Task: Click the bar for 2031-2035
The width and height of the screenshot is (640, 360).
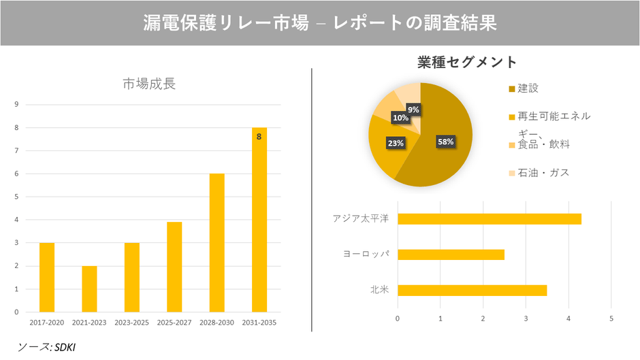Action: point(259,219)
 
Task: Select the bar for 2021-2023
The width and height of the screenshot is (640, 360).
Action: point(89,289)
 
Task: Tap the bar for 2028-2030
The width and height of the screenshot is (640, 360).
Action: point(217,242)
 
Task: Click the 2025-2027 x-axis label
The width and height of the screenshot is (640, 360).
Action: point(174,322)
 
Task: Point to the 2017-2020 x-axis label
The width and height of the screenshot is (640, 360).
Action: point(47,322)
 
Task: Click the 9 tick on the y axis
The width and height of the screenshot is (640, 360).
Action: point(16,105)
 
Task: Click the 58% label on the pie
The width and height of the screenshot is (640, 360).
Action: point(446,142)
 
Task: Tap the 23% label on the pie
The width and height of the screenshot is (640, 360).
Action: point(396,143)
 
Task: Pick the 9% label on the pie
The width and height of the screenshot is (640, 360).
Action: point(413,109)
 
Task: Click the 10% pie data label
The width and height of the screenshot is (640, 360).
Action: point(400,118)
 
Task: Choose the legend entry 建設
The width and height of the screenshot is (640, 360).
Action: point(528,88)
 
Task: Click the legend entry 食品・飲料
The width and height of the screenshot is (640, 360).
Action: point(543,144)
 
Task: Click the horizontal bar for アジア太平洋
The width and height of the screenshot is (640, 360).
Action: point(489,218)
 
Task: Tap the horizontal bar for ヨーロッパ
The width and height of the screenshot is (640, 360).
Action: point(451,255)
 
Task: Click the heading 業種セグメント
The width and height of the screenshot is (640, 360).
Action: point(467,62)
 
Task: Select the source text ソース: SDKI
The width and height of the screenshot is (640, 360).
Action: point(46,347)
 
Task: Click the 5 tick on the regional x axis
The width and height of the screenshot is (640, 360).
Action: point(611,318)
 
